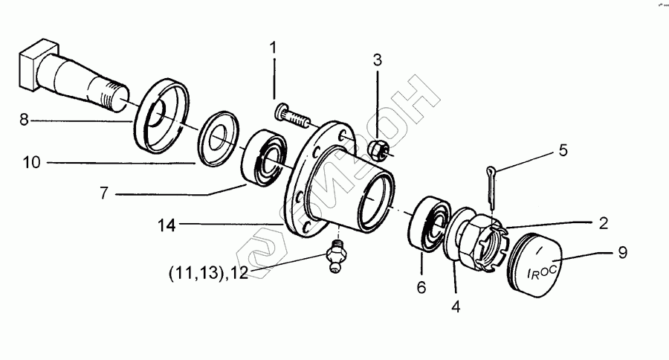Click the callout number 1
coord(273,48)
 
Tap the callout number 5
coord(563,150)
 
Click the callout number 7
coord(105,193)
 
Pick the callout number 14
coord(167,223)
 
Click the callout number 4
coord(454,305)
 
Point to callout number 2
coord(603,222)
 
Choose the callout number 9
coord(621,253)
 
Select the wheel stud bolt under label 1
coord(292,116)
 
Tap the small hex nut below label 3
coord(377,149)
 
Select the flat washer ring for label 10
coord(220,138)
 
